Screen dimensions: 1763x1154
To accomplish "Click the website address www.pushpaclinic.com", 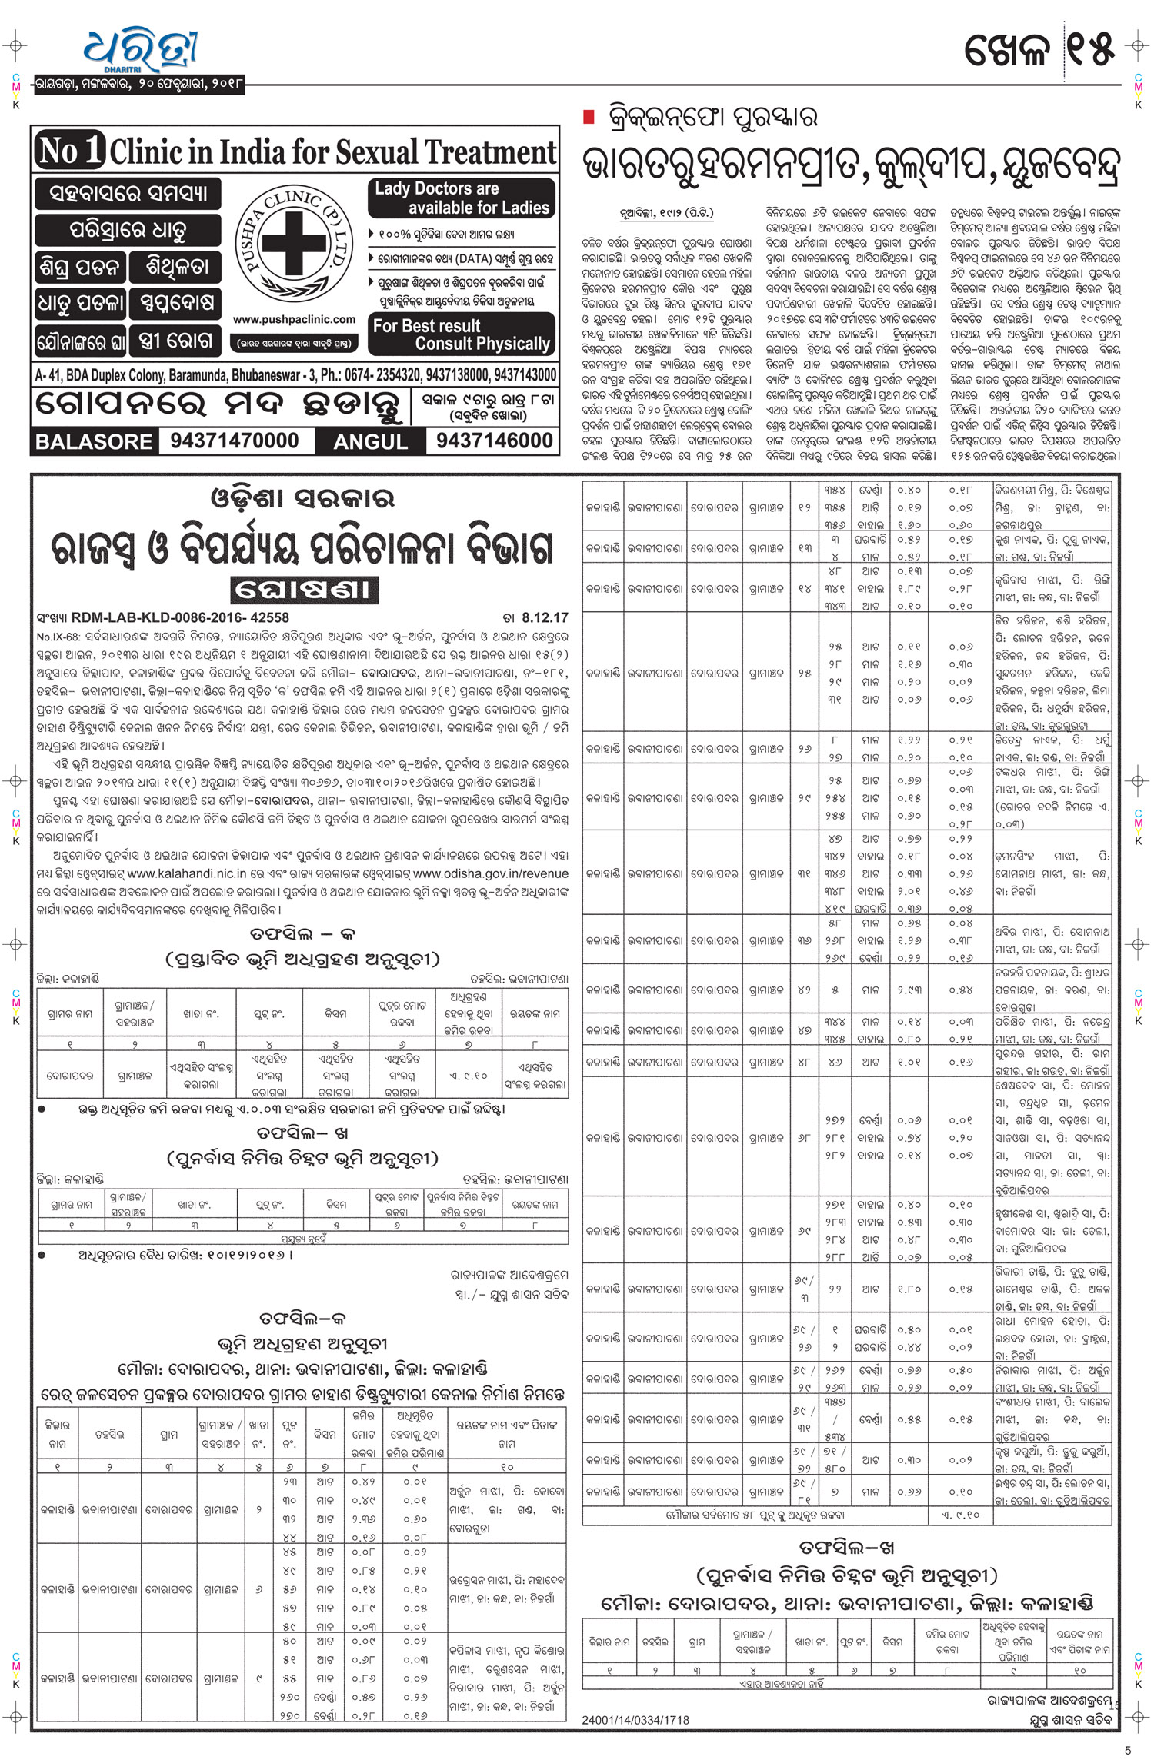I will (x=294, y=319).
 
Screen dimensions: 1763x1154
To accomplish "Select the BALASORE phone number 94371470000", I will (x=235, y=441).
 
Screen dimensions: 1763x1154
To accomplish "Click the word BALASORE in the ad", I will (x=94, y=442).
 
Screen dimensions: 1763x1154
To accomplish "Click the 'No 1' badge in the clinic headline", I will (x=69, y=150).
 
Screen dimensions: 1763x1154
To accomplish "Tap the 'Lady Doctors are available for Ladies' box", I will (x=462, y=198).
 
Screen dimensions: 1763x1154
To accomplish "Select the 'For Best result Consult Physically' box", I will (x=462, y=334).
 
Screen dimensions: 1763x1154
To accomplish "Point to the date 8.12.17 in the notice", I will (x=545, y=617).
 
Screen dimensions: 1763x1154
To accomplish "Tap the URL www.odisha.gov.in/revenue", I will (x=491, y=873).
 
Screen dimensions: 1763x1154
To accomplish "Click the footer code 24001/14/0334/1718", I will (x=635, y=1720).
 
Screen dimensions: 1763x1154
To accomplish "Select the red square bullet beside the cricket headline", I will (x=589, y=117).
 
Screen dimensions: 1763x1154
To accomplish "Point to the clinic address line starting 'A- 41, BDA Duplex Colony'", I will (x=295, y=375).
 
